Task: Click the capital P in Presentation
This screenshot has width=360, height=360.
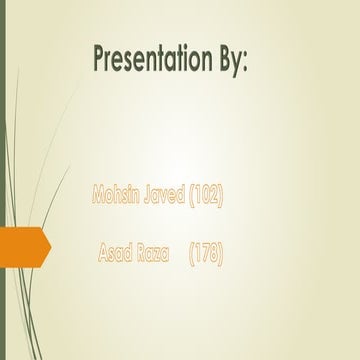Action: pyautogui.click(x=100, y=60)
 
